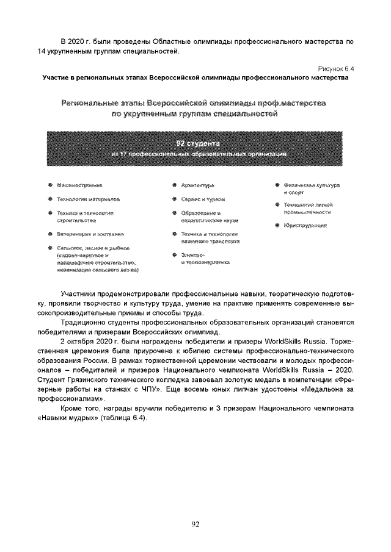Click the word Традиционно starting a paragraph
click(x=85, y=323)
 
